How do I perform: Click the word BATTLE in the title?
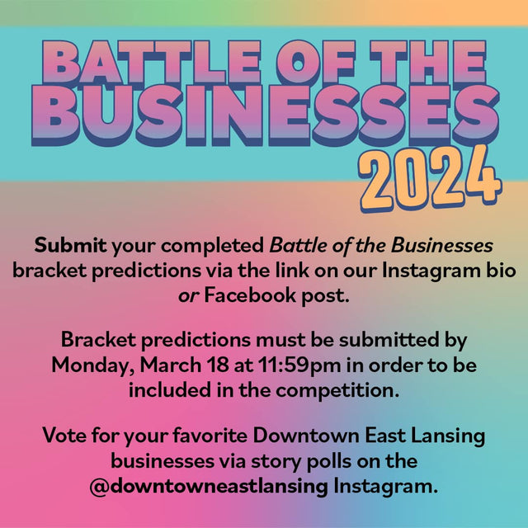click(152, 62)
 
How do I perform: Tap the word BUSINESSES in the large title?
click(266, 115)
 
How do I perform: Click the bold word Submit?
click(70, 245)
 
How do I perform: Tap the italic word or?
click(189, 296)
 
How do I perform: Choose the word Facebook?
click(250, 295)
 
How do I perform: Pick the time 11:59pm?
click(299, 365)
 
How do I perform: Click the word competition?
click(337, 391)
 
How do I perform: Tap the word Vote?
click(64, 436)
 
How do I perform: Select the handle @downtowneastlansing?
click(209, 487)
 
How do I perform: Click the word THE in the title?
click(427, 62)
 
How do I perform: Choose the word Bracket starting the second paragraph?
click(98, 339)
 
